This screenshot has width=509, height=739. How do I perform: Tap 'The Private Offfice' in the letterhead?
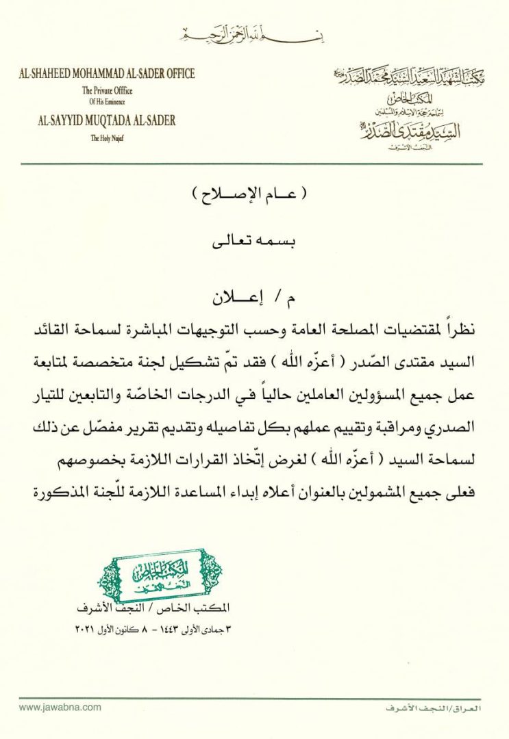click(107, 90)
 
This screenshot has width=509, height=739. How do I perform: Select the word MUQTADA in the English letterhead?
click(105, 121)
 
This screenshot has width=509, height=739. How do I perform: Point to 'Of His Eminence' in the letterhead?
click(107, 101)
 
